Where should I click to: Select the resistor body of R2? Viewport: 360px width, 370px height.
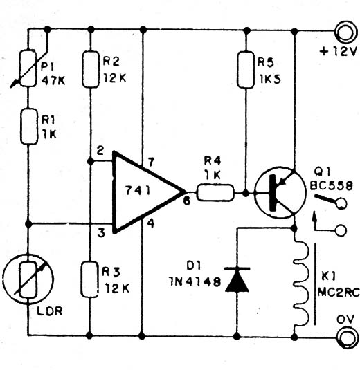90,69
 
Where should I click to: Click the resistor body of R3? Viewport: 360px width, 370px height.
90,279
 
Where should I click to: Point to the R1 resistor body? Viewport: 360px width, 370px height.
29,127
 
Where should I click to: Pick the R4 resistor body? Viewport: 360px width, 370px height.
215,193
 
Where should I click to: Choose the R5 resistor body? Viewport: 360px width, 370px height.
246,70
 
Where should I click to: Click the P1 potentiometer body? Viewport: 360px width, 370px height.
28,68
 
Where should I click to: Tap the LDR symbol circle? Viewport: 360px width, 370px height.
28,280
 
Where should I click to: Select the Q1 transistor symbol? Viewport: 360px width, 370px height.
280,192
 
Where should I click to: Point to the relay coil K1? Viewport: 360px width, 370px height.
300,283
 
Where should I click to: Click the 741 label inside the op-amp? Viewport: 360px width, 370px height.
138,190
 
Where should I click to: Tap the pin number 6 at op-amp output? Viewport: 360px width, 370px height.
187,201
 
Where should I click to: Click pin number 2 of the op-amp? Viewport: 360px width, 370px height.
100,150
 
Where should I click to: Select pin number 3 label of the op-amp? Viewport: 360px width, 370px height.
101,233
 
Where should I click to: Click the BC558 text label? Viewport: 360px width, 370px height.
331,186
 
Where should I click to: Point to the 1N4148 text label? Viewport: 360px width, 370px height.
195,281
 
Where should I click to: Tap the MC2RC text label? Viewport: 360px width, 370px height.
339,293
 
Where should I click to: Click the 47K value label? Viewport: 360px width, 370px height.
53,81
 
